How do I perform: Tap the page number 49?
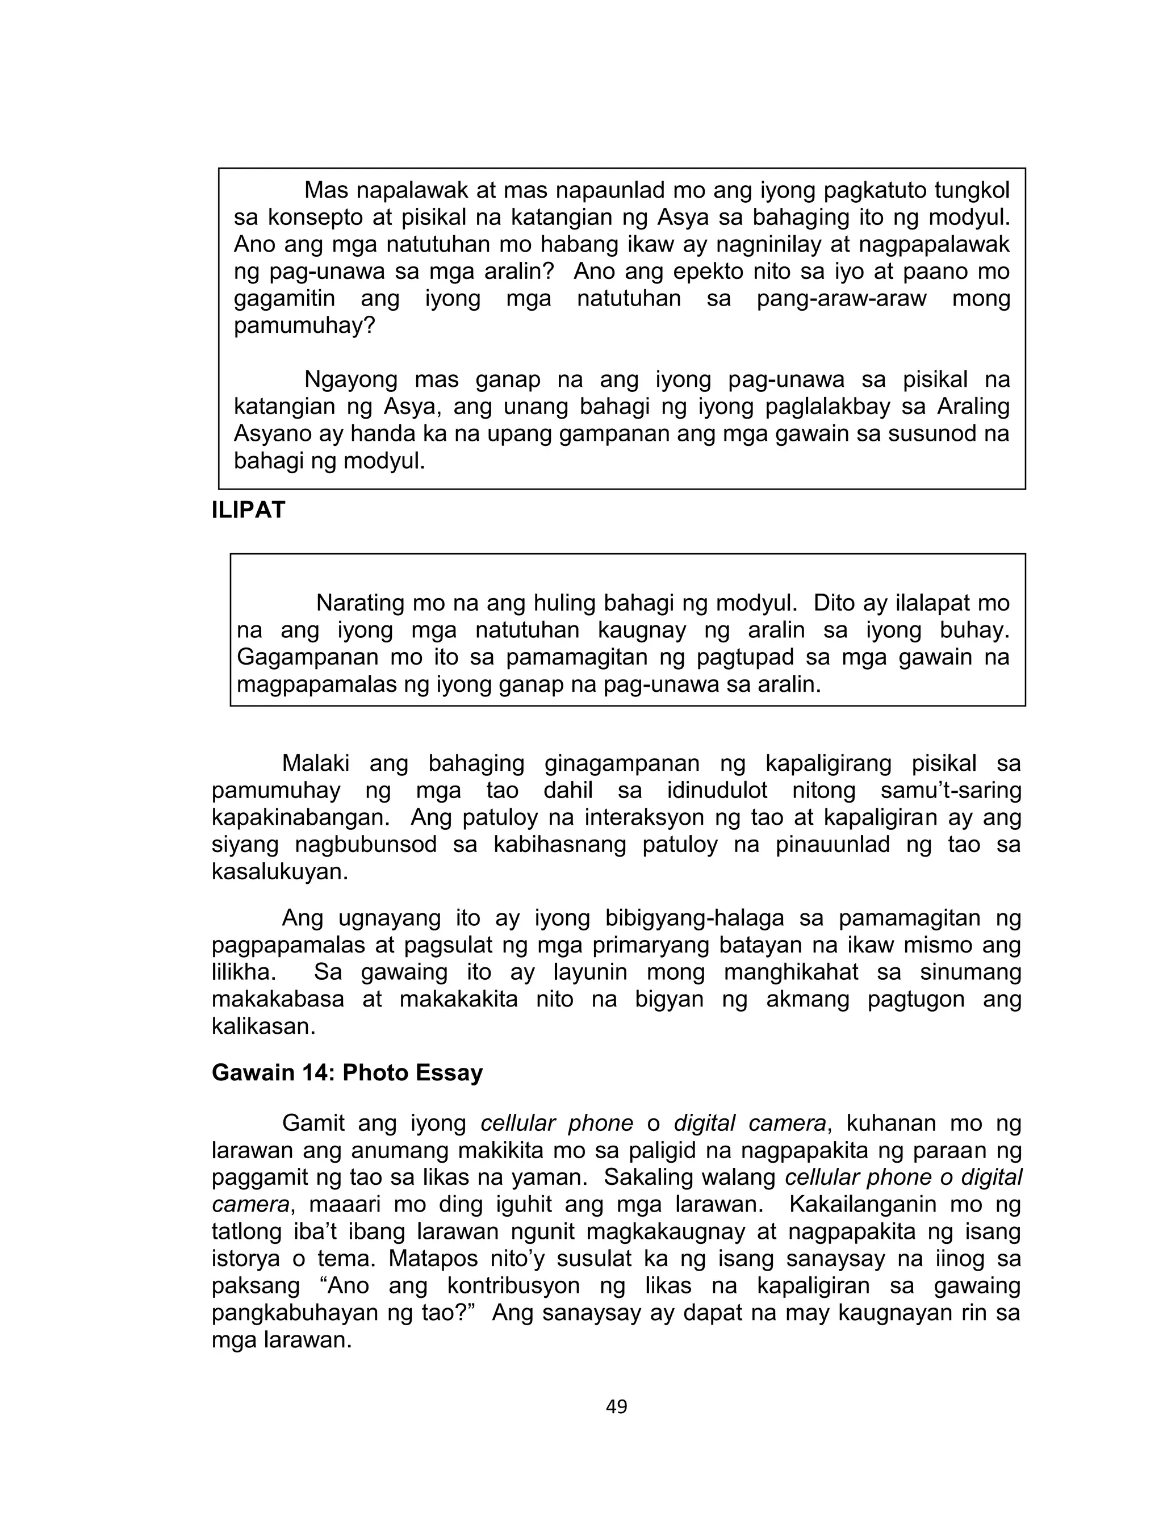tap(616, 1406)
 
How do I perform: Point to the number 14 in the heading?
tap(318, 1072)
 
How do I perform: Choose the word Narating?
tap(359, 603)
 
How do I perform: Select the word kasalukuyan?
tap(279, 871)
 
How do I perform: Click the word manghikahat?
tap(791, 972)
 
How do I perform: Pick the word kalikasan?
tap(263, 1026)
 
